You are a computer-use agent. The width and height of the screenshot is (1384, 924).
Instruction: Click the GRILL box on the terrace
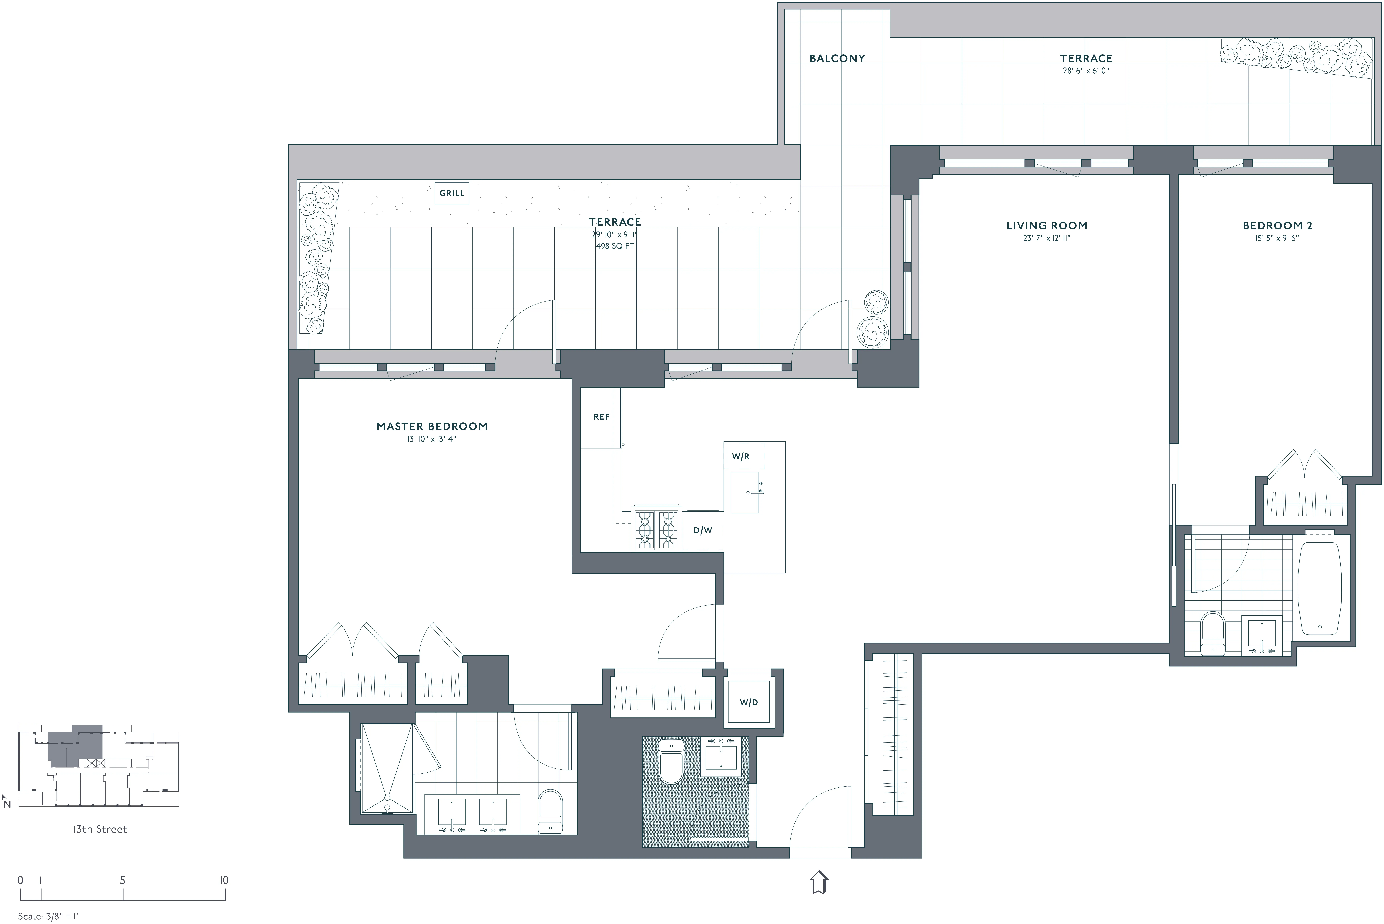[x=452, y=193]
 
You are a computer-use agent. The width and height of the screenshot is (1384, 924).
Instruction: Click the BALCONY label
[x=837, y=58]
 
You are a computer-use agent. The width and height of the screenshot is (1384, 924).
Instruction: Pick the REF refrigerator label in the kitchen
[x=601, y=417]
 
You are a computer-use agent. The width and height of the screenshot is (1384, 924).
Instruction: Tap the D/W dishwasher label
[x=703, y=530]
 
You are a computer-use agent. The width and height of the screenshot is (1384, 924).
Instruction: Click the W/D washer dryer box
[x=749, y=702]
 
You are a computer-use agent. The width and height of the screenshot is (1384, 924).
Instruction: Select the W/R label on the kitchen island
[x=741, y=456]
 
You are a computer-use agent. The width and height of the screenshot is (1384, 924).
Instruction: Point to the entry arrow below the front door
[x=819, y=882]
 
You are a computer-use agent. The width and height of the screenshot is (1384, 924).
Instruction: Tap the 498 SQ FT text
[x=615, y=246]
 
